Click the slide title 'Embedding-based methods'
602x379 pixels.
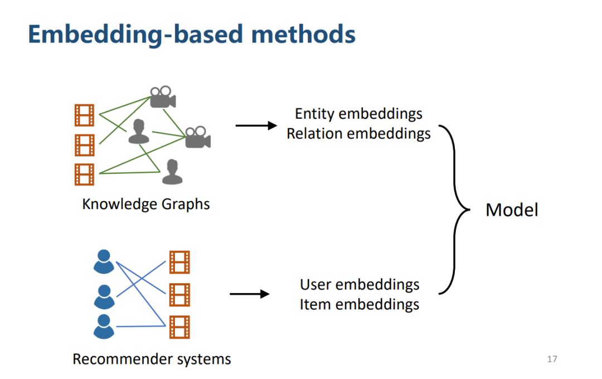[x=191, y=34]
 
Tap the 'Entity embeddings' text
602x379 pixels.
[x=358, y=114]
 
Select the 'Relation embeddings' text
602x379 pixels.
[x=358, y=134]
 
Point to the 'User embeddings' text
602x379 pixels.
[x=360, y=284]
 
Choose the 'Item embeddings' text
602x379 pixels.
[x=360, y=304]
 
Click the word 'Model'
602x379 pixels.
[x=512, y=210]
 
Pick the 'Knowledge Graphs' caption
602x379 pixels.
[x=146, y=204]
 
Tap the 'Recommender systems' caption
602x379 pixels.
[x=152, y=359]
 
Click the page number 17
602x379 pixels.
[x=552, y=359]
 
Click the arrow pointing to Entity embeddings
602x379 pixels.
[x=256, y=125]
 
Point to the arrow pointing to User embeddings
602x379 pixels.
[x=249, y=294]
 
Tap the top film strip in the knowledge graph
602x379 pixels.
[x=84, y=115]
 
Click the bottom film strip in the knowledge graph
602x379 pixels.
[x=84, y=174]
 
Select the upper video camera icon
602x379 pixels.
[x=162, y=98]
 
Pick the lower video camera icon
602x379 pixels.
[x=198, y=137]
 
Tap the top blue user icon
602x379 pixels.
[x=104, y=262]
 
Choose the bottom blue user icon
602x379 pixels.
[x=104, y=327]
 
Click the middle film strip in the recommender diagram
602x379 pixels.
[x=179, y=295]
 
